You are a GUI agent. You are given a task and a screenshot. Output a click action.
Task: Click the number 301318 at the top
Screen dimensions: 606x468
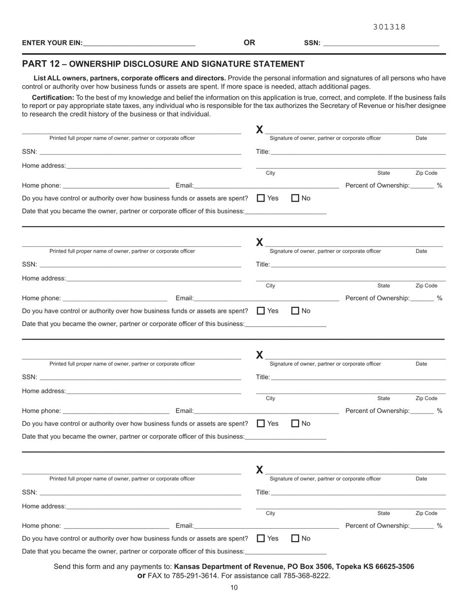(x=389, y=27)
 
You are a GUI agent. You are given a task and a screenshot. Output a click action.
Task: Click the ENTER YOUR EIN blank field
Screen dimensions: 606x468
(x=139, y=43)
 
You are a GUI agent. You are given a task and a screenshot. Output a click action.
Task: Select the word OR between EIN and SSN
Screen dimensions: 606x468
(x=249, y=43)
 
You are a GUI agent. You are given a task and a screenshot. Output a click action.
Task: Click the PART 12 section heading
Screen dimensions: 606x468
(x=163, y=64)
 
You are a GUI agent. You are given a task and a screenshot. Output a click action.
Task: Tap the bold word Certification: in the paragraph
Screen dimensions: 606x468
(x=53, y=98)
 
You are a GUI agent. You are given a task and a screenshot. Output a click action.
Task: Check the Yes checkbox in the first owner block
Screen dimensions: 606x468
(x=261, y=198)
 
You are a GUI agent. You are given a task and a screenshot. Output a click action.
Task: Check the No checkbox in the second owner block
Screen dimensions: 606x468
(x=296, y=311)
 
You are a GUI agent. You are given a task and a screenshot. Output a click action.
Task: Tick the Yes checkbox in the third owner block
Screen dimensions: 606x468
(x=261, y=424)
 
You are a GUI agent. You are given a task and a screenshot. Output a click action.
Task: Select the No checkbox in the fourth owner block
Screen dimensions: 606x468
(x=296, y=539)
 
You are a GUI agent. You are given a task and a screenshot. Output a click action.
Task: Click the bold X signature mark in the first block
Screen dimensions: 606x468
(x=260, y=130)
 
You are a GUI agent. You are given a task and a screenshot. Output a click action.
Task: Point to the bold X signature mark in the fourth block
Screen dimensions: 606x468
(x=260, y=470)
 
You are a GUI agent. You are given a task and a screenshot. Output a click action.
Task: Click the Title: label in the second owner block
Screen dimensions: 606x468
(x=263, y=265)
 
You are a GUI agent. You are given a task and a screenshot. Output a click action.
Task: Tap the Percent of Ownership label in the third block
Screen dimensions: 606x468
(x=377, y=411)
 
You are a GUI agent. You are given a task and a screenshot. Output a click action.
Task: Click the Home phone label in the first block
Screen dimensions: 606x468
(x=41, y=186)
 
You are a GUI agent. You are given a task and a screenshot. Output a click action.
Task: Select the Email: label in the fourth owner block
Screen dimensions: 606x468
(x=185, y=526)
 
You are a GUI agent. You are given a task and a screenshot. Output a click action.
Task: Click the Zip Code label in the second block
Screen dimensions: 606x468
(x=426, y=286)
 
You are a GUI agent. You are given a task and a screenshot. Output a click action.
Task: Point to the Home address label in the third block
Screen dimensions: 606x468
(x=44, y=391)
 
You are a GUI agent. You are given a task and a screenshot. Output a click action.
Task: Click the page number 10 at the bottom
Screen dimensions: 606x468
(x=234, y=587)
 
